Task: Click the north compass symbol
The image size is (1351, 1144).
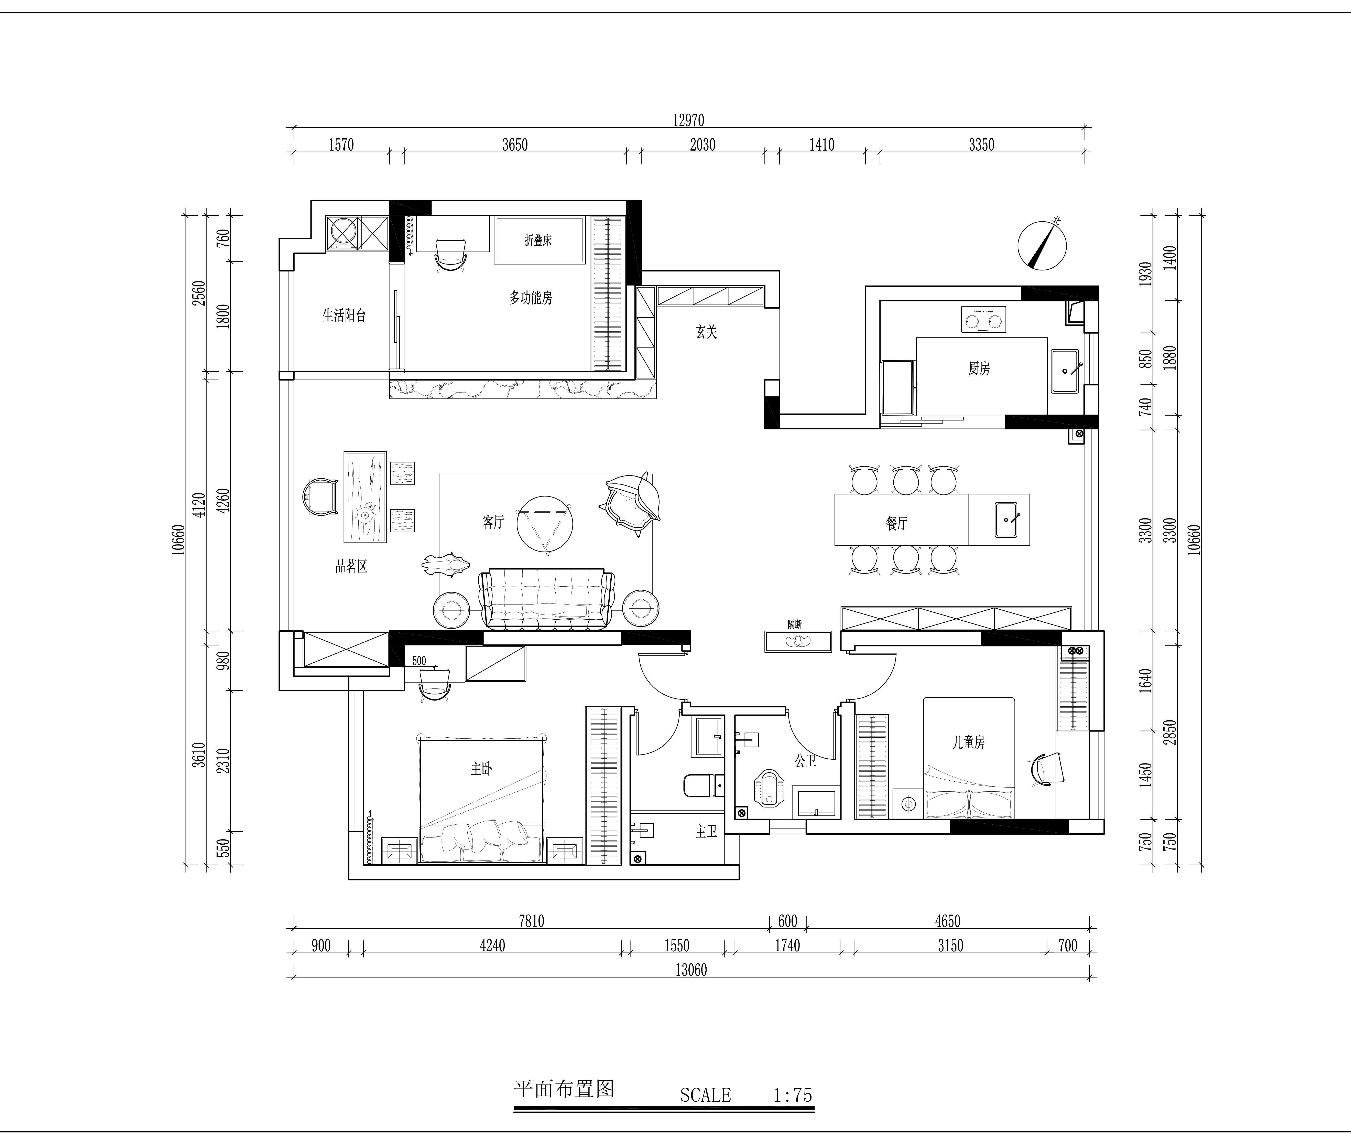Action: tap(1042, 245)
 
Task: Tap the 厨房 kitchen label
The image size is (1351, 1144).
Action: tap(979, 368)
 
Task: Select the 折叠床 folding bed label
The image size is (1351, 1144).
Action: tap(538, 241)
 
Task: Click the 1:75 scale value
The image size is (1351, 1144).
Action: tap(793, 1095)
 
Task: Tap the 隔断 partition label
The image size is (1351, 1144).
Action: tap(795, 624)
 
